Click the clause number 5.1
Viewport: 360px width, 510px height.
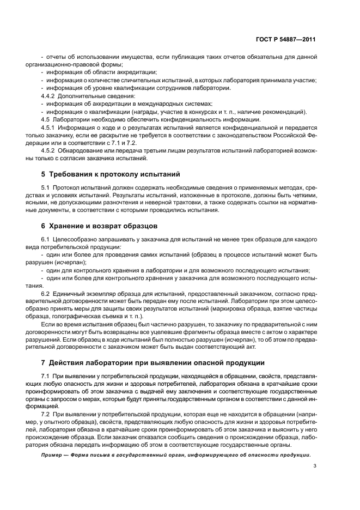point(46,188)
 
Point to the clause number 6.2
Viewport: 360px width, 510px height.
point(46,294)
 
